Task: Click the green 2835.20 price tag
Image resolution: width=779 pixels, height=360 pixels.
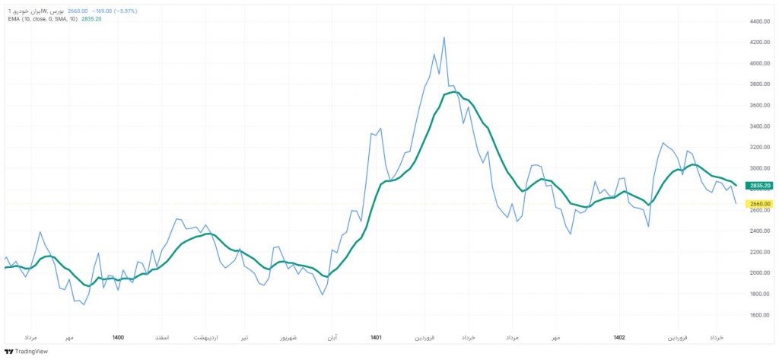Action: tap(761, 186)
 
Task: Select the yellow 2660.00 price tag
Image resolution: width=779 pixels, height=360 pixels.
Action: tap(761, 203)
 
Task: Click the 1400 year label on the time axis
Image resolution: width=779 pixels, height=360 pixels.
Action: tap(118, 336)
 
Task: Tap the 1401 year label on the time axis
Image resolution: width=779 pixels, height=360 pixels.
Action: tap(375, 336)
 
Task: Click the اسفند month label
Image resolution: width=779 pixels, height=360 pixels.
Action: tap(162, 336)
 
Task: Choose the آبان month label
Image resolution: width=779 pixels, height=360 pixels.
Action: tap(332, 336)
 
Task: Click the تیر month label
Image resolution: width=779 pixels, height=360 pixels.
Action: tap(243, 336)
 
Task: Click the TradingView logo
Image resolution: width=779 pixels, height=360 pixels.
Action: tap(26, 351)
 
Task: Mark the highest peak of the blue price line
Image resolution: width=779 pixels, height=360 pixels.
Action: tap(444, 37)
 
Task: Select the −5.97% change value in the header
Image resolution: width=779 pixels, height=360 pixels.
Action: tap(124, 11)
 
